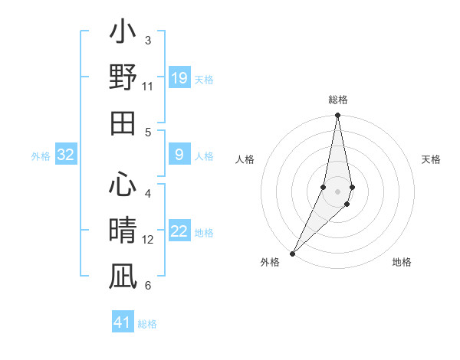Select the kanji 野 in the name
[x=123, y=78]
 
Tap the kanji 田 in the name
[x=123, y=123]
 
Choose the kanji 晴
[x=123, y=230]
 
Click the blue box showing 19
[x=179, y=77]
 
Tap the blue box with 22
[x=179, y=232]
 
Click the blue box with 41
[x=123, y=322]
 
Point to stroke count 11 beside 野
[x=148, y=87]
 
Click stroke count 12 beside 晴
[x=148, y=240]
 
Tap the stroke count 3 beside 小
[x=148, y=40]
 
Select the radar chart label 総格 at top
[x=337, y=100]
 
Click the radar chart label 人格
[x=245, y=159]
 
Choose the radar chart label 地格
[x=402, y=262]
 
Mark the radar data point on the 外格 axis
[x=293, y=253]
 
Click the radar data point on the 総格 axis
[x=337, y=116]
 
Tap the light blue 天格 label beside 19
[x=204, y=79]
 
